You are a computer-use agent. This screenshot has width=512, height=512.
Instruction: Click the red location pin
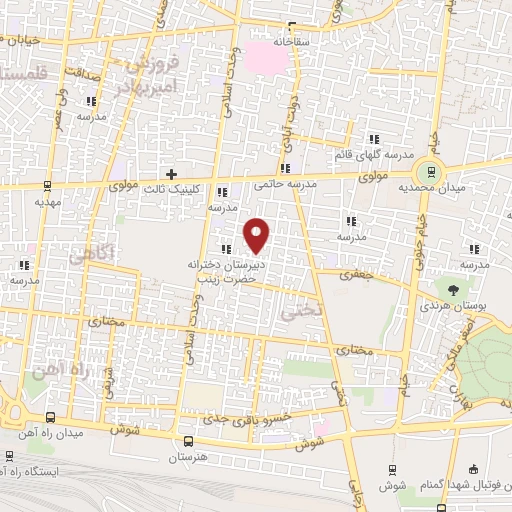click(257, 234)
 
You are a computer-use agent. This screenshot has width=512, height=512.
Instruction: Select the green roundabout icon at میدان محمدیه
click(430, 172)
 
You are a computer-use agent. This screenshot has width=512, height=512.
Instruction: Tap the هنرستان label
click(187, 457)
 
